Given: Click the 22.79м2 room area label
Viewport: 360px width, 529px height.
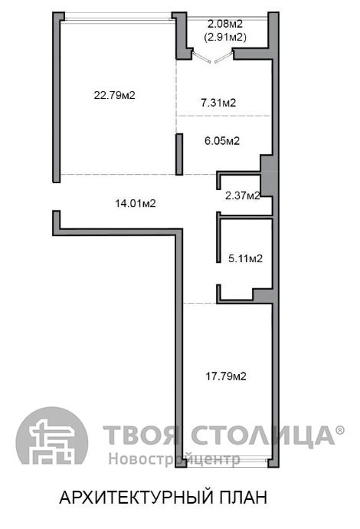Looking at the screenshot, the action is [115, 95].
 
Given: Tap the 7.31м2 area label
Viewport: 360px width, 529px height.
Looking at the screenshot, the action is [218, 103].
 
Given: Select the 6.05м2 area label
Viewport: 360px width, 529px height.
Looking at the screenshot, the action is [222, 141].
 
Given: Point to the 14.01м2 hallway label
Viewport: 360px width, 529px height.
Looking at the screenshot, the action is [136, 203].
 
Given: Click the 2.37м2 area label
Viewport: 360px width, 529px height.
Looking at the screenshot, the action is [243, 195].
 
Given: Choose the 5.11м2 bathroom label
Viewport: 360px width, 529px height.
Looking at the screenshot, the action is [245, 259].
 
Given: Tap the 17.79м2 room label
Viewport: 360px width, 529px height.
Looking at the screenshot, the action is [226, 376].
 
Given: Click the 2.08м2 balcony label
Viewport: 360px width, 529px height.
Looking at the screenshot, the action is [225, 24].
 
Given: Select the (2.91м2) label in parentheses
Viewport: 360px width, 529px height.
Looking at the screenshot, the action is [225, 37].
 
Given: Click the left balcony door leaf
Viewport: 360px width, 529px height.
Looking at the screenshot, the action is [201, 57].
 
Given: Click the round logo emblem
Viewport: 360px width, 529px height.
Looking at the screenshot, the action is [52, 435].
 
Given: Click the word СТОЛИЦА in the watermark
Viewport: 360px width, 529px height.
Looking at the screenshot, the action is [263, 435].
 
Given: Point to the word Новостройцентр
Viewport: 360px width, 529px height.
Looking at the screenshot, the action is [175, 458].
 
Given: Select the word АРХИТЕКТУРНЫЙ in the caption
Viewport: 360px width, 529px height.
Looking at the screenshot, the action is [136, 498].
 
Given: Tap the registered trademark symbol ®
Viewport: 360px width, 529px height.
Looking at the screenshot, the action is [340, 430].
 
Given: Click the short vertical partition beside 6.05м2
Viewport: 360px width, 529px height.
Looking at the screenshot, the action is [180, 154].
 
